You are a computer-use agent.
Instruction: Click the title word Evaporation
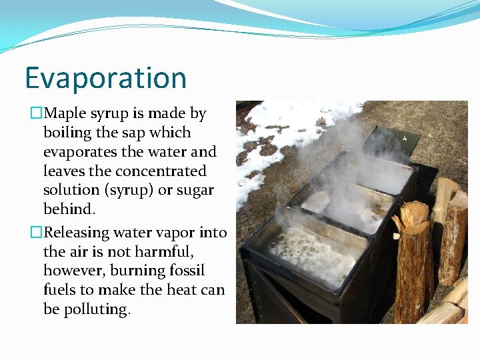(105, 78)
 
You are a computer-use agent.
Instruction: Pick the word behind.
(69, 209)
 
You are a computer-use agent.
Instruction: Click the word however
(72, 271)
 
